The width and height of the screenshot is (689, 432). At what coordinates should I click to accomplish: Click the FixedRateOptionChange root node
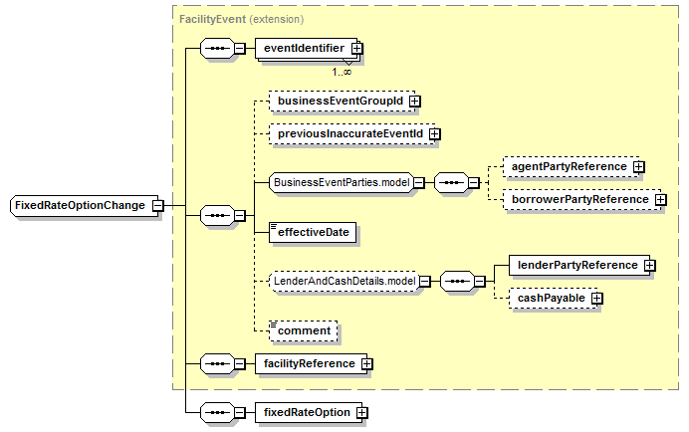pos(84,206)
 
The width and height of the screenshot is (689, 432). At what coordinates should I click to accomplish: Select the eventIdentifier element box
pos(307,48)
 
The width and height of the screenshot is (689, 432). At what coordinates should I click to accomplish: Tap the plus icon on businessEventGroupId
pos(414,102)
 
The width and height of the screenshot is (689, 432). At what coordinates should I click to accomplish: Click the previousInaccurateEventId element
pos(352,134)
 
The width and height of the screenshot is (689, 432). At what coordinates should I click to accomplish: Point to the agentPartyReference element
pos(571,167)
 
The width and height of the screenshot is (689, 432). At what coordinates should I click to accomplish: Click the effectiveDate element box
pos(313,233)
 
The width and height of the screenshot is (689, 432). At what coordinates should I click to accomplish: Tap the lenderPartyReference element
pos(579,266)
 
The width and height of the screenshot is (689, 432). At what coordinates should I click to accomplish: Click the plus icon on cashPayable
pos(596,299)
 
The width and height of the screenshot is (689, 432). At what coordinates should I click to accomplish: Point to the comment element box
pos(304,330)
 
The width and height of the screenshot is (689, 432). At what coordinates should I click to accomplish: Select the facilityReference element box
pos(311,364)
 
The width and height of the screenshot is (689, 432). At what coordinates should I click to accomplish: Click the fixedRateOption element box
pos(309,413)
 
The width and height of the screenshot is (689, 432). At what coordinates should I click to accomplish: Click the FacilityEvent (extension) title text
pos(241,19)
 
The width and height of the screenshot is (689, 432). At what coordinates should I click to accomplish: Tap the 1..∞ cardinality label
pos(342,72)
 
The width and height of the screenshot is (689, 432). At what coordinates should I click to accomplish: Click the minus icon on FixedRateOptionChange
pos(157,206)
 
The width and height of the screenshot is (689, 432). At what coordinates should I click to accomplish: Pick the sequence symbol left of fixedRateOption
pos(217,413)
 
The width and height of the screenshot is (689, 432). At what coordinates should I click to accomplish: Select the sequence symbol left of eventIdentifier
pos(217,48)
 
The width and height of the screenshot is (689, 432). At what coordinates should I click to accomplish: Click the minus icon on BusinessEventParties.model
pos(419,182)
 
